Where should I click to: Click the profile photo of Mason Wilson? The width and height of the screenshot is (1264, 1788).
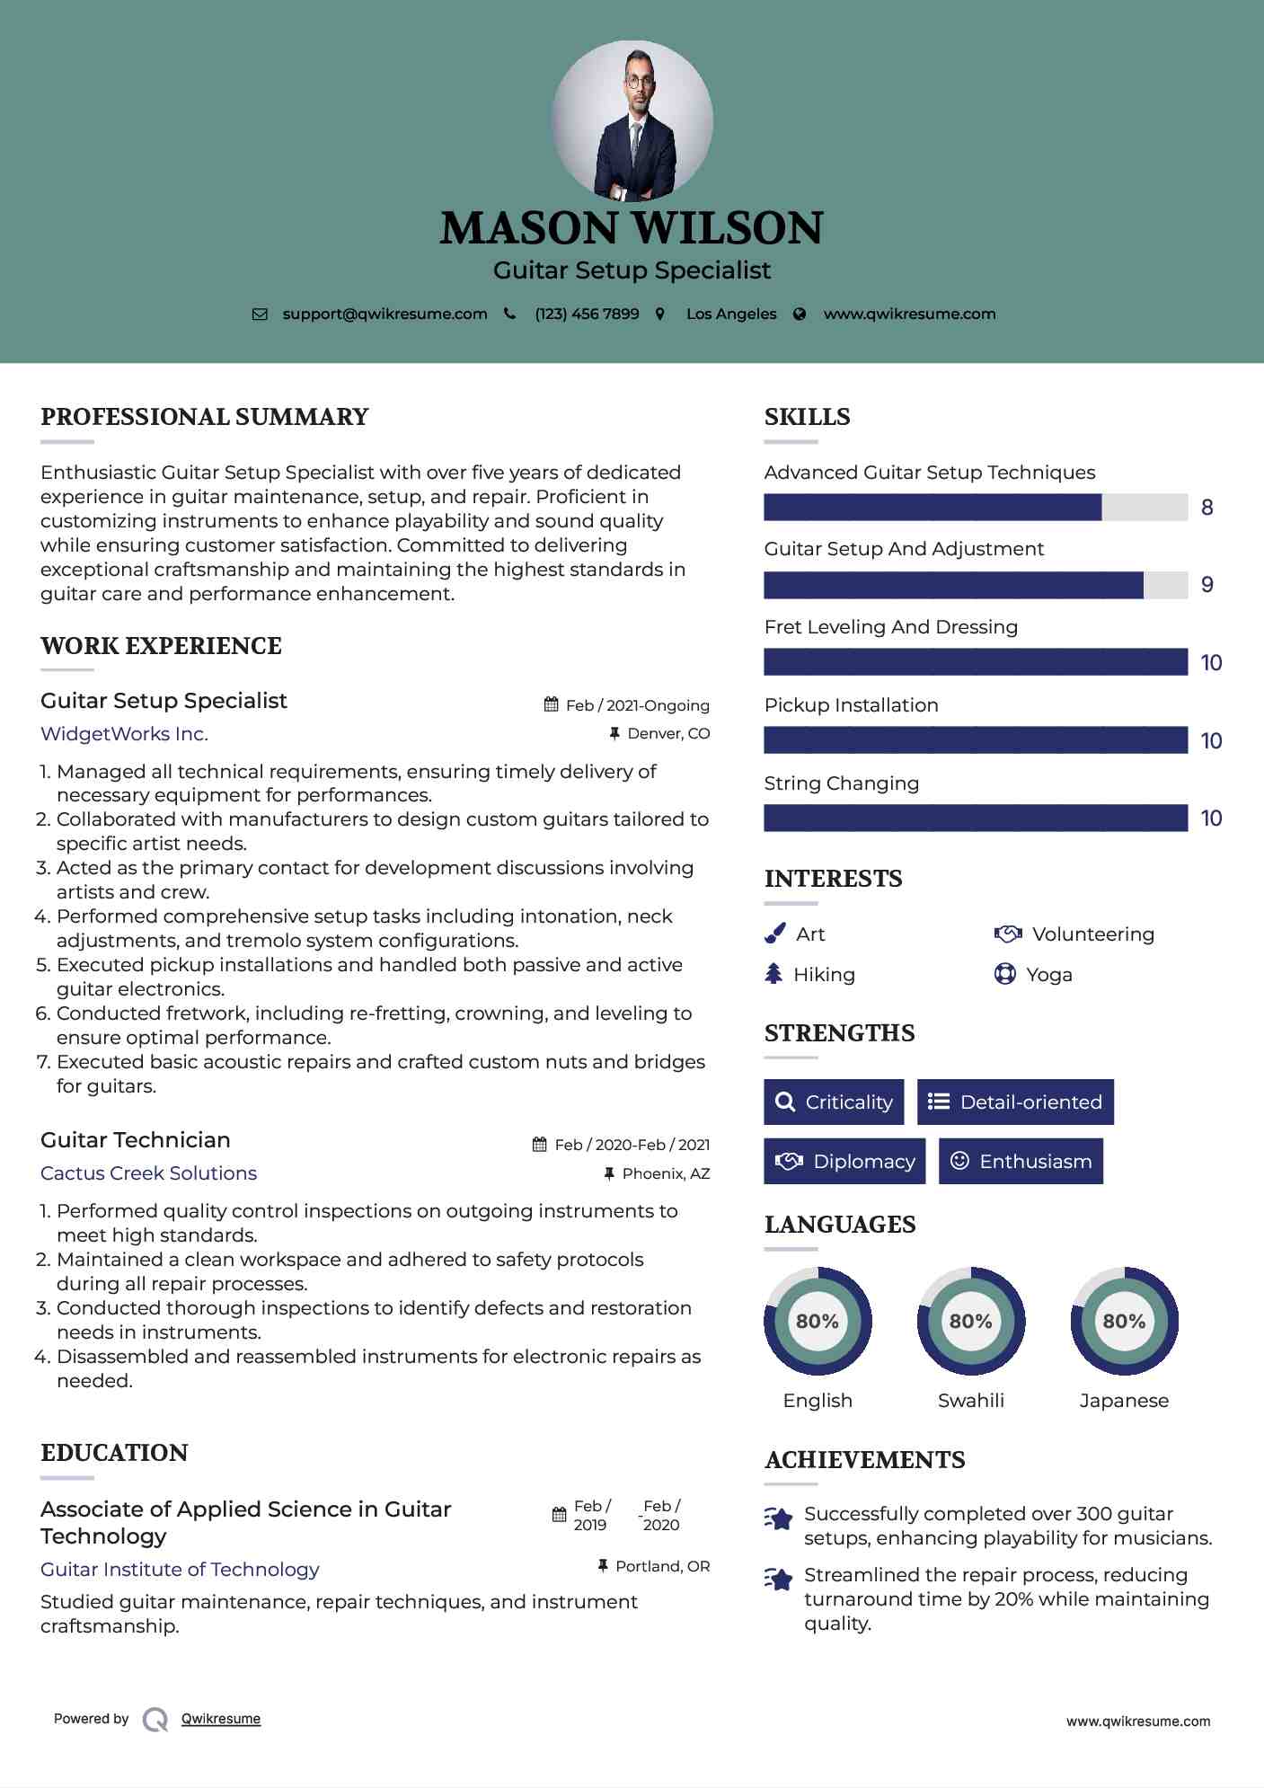click(x=632, y=121)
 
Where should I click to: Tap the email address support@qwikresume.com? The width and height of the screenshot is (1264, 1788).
click(x=385, y=314)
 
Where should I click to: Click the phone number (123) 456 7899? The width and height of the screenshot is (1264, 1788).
click(x=587, y=314)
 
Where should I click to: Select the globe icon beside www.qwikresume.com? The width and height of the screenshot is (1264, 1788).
click(x=800, y=314)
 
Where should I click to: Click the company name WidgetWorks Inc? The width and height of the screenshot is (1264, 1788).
click(x=124, y=734)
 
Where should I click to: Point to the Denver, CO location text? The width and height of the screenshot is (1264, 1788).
click(x=668, y=734)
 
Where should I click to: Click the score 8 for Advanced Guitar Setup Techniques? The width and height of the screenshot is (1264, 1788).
click(x=1207, y=508)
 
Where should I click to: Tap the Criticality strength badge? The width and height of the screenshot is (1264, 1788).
click(x=834, y=1102)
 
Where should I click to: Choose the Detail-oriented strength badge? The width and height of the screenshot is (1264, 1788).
click(x=1015, y=1102)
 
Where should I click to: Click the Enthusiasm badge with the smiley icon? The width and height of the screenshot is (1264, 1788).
click(x=1021, y=1162)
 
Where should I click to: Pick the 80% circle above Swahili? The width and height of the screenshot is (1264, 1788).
click(x=970, y=1321)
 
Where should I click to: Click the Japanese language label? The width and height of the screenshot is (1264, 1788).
click(x=1124, y=1401)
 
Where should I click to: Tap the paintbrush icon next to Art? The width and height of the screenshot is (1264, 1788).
click(x=774, y=934)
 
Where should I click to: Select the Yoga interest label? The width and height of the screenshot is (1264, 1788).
click(x=1049, y=975)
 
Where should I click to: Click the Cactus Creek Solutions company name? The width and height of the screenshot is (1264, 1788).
click(x=148, y=1173)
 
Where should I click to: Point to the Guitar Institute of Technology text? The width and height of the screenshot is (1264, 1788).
click(x=180, y=1570)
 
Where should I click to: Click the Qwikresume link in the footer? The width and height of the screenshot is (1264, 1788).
click(x=221, y=1719)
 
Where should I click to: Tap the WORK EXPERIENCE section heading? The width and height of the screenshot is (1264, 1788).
click(x=161, y=646)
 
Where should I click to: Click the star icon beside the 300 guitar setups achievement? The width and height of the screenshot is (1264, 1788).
click(x=779, y=1518)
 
